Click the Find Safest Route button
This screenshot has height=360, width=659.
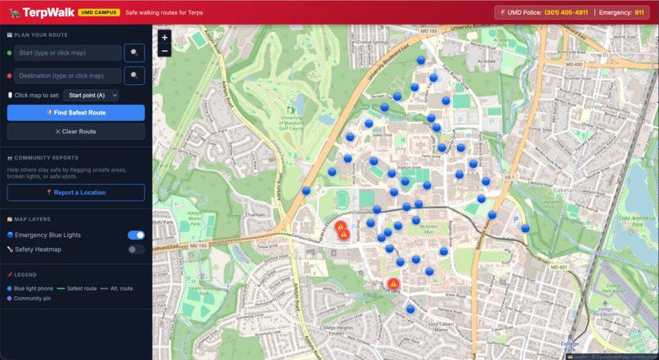[x=76, y=112]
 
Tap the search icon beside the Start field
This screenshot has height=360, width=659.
[x=134, y=52]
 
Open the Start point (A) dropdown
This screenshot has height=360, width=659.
[x=92, y=95]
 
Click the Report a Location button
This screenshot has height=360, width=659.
[x=76, y=192]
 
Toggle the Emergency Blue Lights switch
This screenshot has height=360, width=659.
[x=136, y=235]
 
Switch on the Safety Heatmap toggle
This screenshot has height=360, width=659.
[x=136, y=249]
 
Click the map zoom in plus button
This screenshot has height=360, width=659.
[x=165, y=38]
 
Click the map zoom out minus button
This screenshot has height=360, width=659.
[x=165, y=51]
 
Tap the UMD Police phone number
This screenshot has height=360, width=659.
[x=566, y=12]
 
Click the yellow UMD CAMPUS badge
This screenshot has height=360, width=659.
[x=100, y=13]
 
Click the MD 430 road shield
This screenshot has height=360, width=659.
[x=573, y=64]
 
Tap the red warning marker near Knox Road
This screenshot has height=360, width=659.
[x=393, y=284]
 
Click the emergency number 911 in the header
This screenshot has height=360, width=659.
[x=639, y=12]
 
